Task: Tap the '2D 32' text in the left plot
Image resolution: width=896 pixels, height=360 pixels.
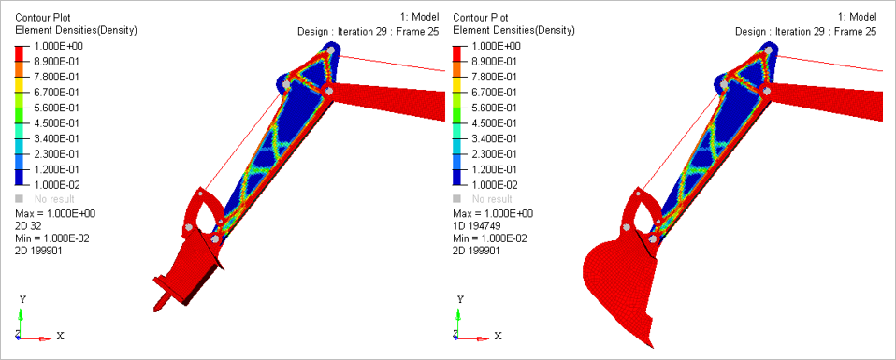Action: tap(27, 225)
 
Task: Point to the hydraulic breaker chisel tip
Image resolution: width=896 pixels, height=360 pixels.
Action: tap(155, 310)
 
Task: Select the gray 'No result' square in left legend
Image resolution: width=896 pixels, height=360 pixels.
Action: tap(19, 199)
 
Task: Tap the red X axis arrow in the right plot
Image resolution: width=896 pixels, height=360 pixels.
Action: tap(472, 338)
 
